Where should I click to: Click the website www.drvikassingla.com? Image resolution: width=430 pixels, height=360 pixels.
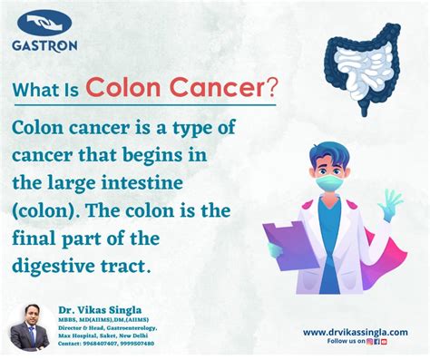coord(357,332)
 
